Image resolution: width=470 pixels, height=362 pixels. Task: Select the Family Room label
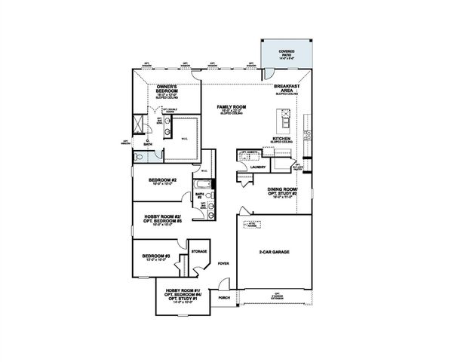click(232, 109)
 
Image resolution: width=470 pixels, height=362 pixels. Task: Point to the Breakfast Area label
click(287, 90)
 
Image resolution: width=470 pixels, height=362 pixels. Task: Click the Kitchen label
click(282, 140)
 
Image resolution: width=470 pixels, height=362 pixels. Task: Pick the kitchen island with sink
click(285, 118)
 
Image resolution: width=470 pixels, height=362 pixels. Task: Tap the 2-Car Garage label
click(275, 252)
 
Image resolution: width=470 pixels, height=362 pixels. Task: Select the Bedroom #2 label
click(162, 180)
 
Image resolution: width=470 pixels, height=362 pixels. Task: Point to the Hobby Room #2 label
click(162, 219)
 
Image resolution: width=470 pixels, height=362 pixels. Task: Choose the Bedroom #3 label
click(156, 257)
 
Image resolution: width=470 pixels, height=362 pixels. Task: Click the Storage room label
click(199, 251)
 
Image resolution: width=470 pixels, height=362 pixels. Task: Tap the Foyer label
click(223, 264)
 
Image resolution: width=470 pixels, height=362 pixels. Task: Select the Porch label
click(223, 298)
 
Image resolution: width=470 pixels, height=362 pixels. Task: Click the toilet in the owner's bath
click(140, 156)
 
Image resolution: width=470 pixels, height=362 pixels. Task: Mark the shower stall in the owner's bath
click(139, 124)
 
